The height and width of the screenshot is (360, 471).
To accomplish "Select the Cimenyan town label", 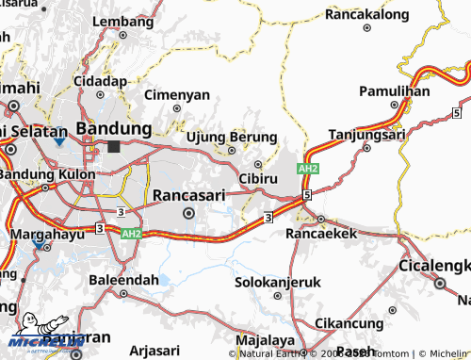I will click(x=176, y=95).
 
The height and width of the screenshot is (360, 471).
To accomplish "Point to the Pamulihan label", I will click(x=395, y=91).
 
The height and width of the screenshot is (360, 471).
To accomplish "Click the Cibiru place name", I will click(x=258, y=177).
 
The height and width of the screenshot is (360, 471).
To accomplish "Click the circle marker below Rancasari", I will click(x=189, y=213).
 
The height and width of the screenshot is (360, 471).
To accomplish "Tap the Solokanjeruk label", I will click(x=278, y=282).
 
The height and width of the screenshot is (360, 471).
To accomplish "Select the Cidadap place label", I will click(x=100, y=82).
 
